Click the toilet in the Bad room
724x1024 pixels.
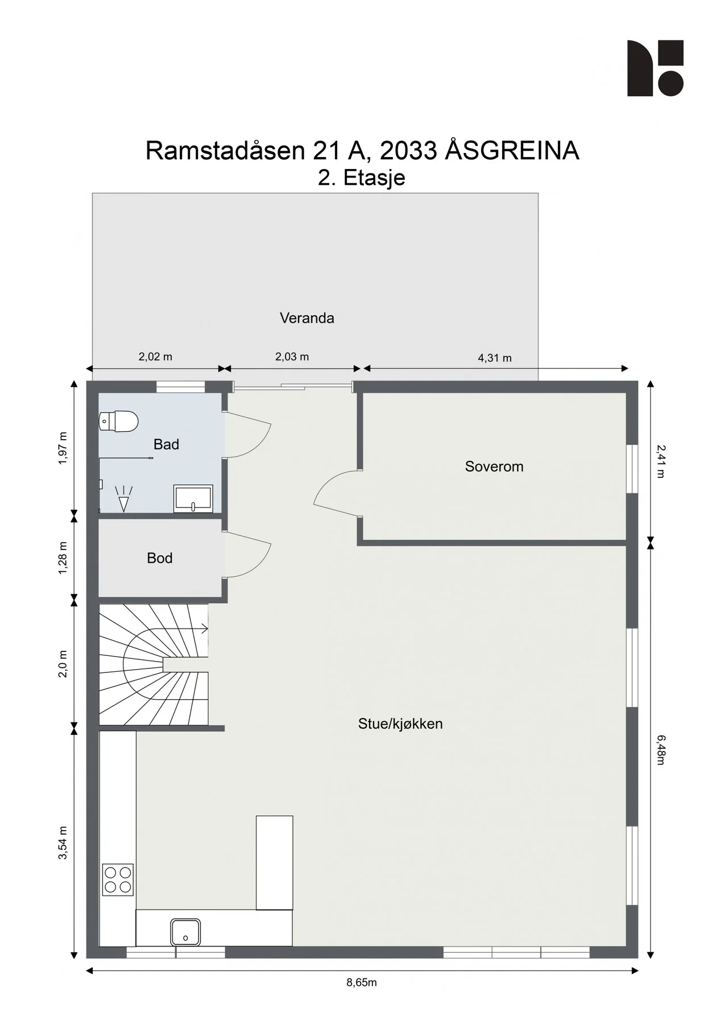coord(119,422)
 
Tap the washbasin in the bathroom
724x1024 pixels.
coord(193,498)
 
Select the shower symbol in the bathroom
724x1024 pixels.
coord(123,499)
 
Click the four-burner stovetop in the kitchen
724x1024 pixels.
coord(118,880)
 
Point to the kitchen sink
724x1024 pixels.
coord(185,932)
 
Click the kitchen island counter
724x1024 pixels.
coord(274,862)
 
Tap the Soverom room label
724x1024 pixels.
coord(494,466)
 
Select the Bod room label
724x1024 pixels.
coord(160,558)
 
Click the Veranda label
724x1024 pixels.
coord(307,318)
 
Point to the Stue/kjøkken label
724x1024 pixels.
coord(400,724)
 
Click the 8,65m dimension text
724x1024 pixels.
coord(362,982)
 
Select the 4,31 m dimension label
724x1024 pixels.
coord(495,358)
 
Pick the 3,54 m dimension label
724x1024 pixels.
coord(63,843)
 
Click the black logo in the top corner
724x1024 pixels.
coord(655,68)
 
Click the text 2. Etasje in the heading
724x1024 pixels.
coord(362,177)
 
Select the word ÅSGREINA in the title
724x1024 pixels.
coord(512,150)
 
